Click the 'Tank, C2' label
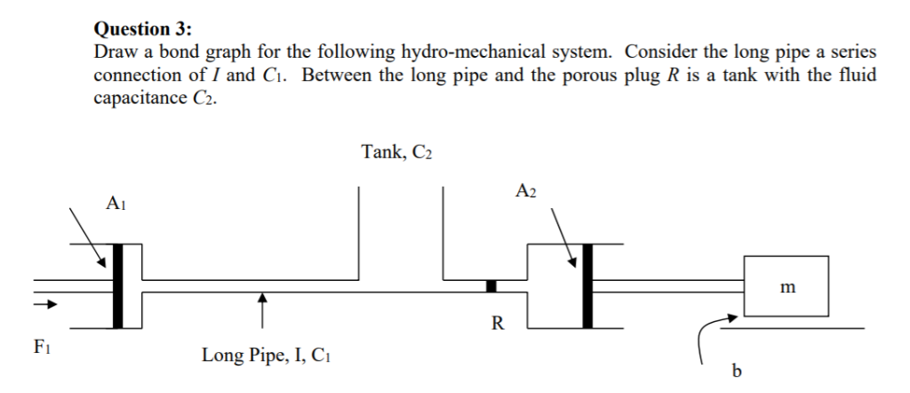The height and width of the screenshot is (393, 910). coord(397,153)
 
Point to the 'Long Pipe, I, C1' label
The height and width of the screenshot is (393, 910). coord(269,357)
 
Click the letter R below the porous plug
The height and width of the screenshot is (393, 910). coord(497,323)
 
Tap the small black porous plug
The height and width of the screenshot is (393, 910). coord(491,285)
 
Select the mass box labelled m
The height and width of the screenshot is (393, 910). coord(786,285)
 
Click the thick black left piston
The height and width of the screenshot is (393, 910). coord(119,285)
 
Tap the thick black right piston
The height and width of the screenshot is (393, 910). coord(587,285)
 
